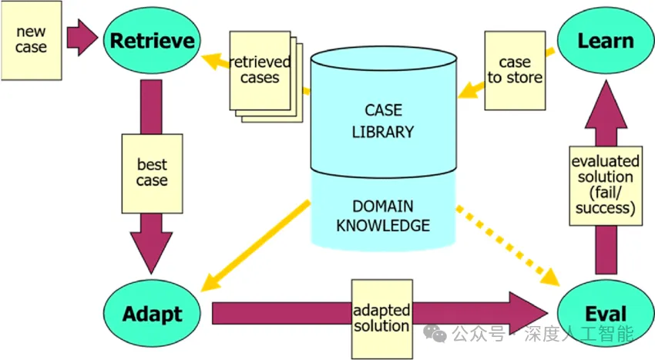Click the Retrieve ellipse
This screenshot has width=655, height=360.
(152, 41)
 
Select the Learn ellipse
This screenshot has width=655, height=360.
(606, 41)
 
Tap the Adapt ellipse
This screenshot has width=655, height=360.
(152, 314)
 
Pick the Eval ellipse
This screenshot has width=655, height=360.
(606, 314)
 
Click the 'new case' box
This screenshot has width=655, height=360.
(32, 40)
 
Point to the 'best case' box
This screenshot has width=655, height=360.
(152, 173)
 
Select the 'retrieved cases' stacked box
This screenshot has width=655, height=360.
(266, 76)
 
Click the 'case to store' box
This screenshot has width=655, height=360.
(515, 71)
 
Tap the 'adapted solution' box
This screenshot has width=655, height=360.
(381, 319)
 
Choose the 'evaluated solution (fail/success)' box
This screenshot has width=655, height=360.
(606, 186)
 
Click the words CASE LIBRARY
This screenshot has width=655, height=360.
(383, 121)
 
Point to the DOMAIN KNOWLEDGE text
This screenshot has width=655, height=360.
(383, 216)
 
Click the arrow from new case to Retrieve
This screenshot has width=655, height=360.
(82, 37)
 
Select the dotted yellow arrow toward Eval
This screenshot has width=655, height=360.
(508, 246)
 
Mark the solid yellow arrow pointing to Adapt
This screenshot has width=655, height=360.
(255, 246)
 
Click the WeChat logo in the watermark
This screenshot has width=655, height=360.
(435, 333)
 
